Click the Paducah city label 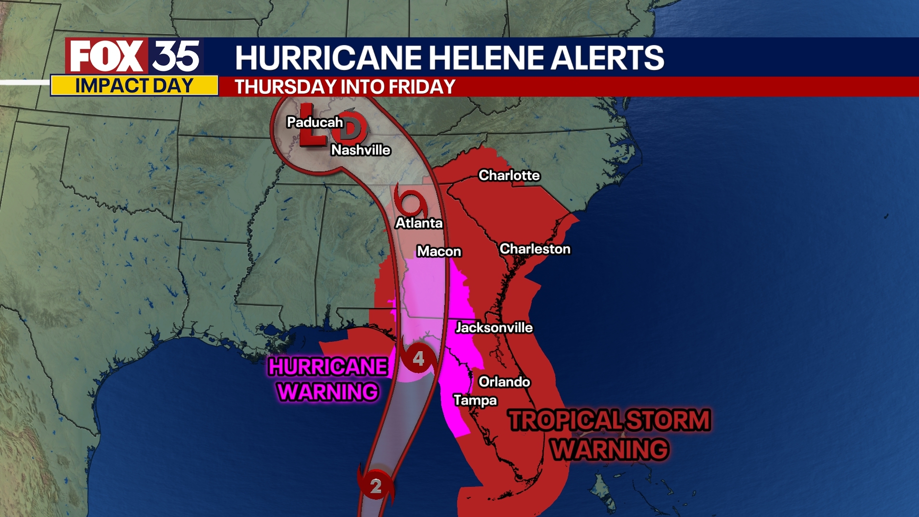[x=314, y=123]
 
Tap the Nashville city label [x=360, y=150]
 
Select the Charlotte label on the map [x=509, y=176]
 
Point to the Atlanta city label [x=419, y=223]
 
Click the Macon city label [x=439, y=251]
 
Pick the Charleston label [x=535, y=249]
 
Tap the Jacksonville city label [x=494, y=327]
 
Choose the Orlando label [x=504, y=382]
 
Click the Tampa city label [x=475, y=400]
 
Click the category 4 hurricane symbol [x=418, y=359]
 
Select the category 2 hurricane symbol [x=376, y=486]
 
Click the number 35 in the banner [x=176, y=56]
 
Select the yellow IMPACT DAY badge [x=134, y=86]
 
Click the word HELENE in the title [x=486, y=58]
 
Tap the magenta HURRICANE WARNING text [x=328, y=379]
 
